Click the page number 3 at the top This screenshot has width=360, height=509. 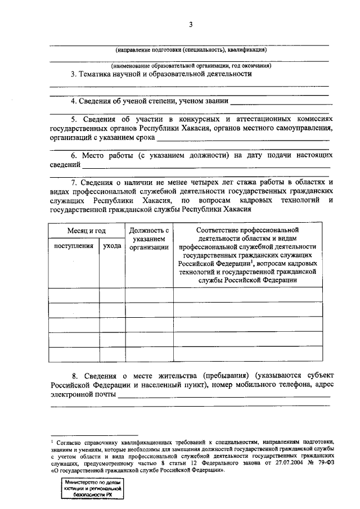pyautogui.click(x=191, y=24)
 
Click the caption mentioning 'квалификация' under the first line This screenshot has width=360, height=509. pyautogui.click(x=190, y=49)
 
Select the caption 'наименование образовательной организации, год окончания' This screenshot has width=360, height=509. pyautogui.click(x=190, y=65)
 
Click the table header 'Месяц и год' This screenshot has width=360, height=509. pyautogui.click(x=87, y=231)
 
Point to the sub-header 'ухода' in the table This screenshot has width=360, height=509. pyautogui.click(x=112, y=246)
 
